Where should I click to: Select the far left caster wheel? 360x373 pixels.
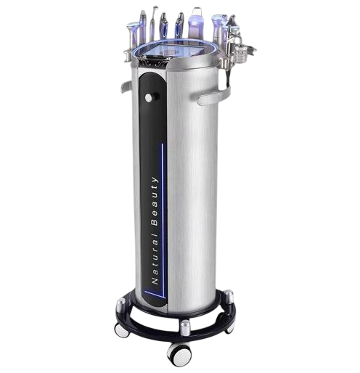coord(121,330)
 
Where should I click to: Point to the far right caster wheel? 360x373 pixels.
coord(230,327)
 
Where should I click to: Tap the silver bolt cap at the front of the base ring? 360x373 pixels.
coord(185,327)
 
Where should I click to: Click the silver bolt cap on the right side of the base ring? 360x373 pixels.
coord(228,296)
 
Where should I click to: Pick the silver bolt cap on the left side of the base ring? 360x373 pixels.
coord(121,304)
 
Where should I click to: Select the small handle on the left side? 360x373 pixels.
coord(126,86)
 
